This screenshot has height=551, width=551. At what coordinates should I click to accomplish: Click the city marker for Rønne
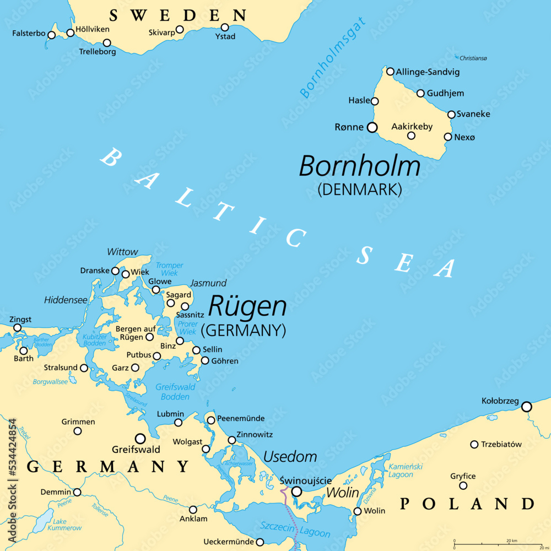pyautogui.click(x=372, y=128)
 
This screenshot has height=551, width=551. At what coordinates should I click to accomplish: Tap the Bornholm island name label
pyautogui.click(x=359, y=166)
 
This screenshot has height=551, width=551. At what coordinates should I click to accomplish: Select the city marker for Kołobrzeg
pyautogui.click(x=527, y=407)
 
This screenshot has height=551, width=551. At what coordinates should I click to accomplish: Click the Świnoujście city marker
pyautogui.click(x=296, y=491)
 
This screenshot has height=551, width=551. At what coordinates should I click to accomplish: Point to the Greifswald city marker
pyautogui.click(x=141, y=439)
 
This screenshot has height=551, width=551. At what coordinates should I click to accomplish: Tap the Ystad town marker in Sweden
pyautogui.click(x=225, y=28)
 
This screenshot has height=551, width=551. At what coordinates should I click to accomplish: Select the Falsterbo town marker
pyautogui.click(x=51, y=35)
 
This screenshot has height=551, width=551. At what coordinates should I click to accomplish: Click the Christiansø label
pyautogui.click(x=473, y=58)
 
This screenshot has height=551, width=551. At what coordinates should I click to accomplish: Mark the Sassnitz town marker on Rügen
pyautogui.click(x=185, y=306)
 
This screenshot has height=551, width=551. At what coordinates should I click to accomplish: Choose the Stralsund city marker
pyautogui.click(x=84, y=368)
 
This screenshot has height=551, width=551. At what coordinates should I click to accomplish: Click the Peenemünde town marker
pyautogui.click(x=211, y=420)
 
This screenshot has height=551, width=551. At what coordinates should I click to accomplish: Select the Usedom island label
pyautogui.click(x=290, y=457)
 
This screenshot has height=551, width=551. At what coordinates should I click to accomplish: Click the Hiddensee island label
pyautogui.click(x=66, y=300)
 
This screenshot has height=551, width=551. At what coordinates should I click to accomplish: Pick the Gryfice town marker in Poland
pyautogui.click(x=463, y=485)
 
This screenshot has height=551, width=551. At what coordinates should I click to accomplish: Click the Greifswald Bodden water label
pyautogui.click(x=175, y=391)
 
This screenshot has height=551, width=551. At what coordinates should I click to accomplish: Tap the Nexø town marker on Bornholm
pyautogui.click(x=448, y=137)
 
